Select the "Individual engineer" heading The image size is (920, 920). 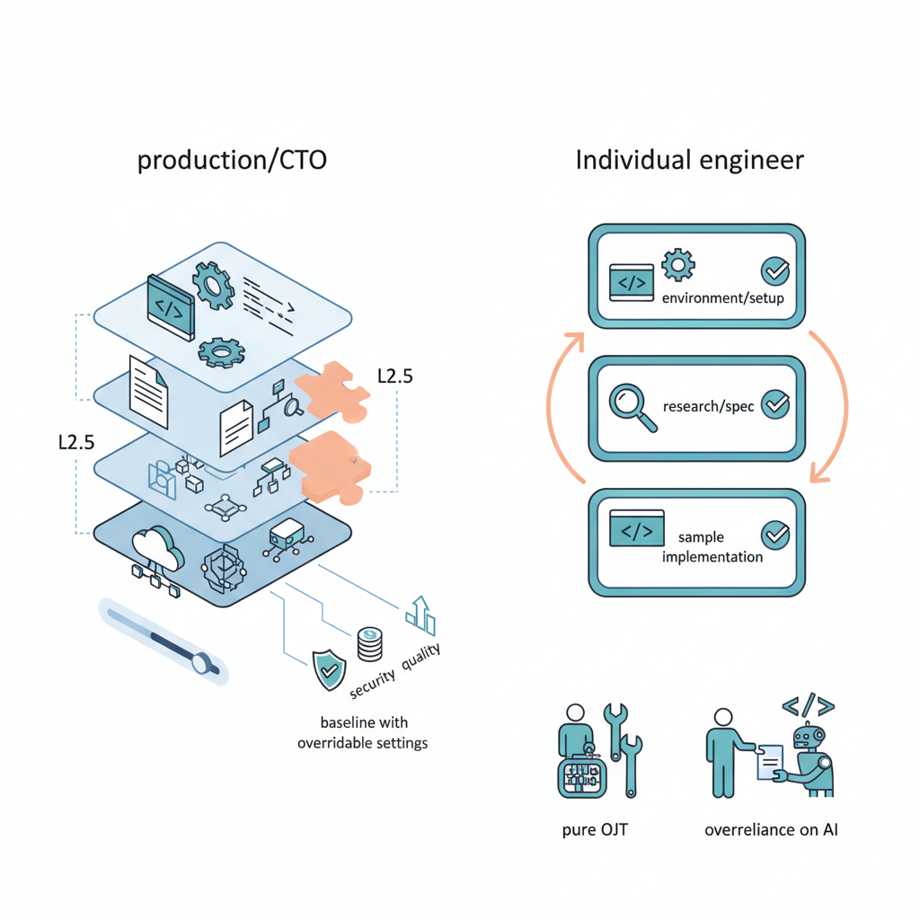tap(689, 162)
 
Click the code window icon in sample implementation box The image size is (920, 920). tap(636, 529)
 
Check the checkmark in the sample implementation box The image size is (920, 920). tap(774, 535)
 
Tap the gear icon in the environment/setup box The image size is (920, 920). tap(677, 265)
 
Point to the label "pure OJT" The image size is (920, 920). tap(594, 829)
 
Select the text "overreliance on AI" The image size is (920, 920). tap(771, 829)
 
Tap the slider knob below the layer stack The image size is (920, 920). tap(204, 664)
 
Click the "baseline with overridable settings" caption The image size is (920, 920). tap(362, 732)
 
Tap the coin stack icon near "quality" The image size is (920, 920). tap(368, 643)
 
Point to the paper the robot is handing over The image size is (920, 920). tap(768, 760)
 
